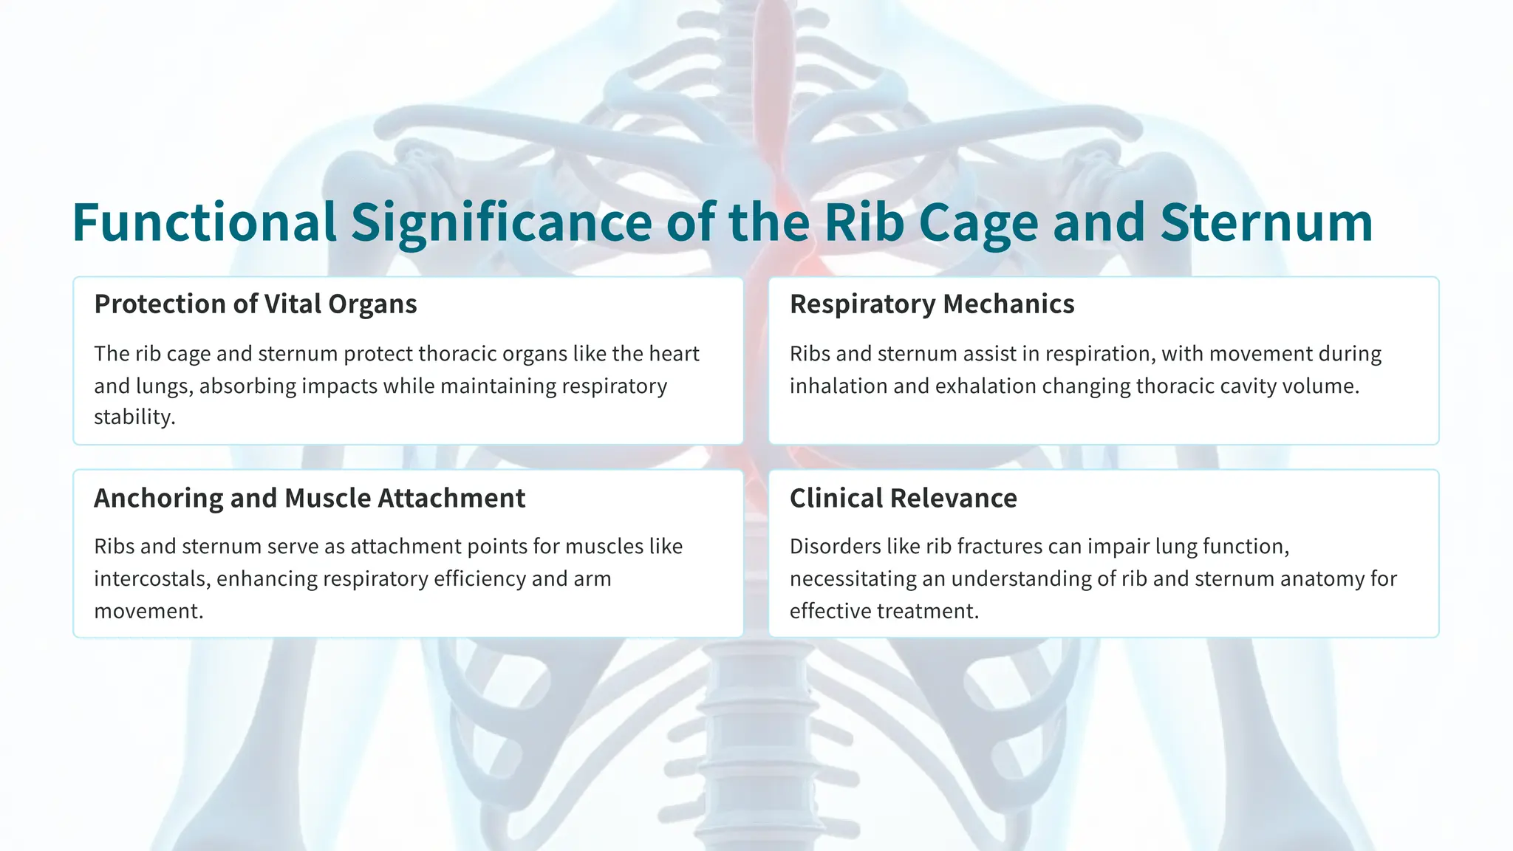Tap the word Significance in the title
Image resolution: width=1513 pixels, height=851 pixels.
(501, 222)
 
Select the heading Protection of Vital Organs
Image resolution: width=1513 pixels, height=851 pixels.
(256, 304)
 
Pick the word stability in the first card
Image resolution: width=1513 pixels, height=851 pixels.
(133, 417)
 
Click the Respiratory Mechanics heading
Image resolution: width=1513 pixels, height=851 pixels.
(932, 304)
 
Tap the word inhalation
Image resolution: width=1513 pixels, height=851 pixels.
(839, 386)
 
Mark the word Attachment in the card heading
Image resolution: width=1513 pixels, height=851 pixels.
(451, 499)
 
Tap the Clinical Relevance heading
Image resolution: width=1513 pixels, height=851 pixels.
(903, 499)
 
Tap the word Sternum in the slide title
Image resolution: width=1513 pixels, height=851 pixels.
(1266, 222)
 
